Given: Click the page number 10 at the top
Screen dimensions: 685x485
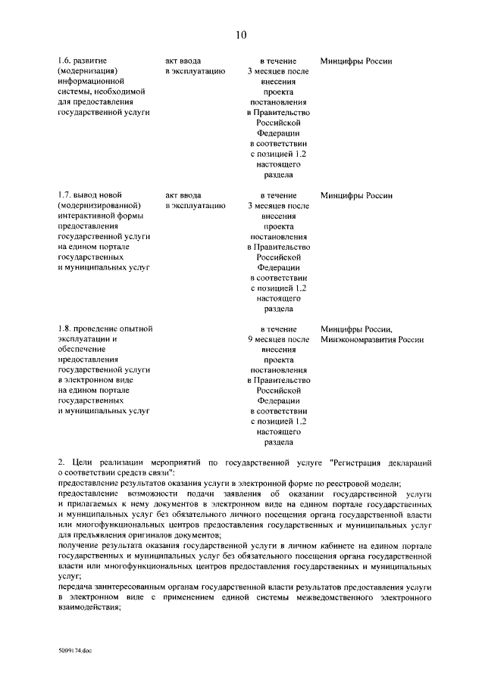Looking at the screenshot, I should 241,34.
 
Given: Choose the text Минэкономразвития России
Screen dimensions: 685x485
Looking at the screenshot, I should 371,340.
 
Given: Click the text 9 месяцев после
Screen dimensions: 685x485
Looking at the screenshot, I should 278,340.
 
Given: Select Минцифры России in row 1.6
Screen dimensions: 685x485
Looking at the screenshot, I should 356,61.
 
